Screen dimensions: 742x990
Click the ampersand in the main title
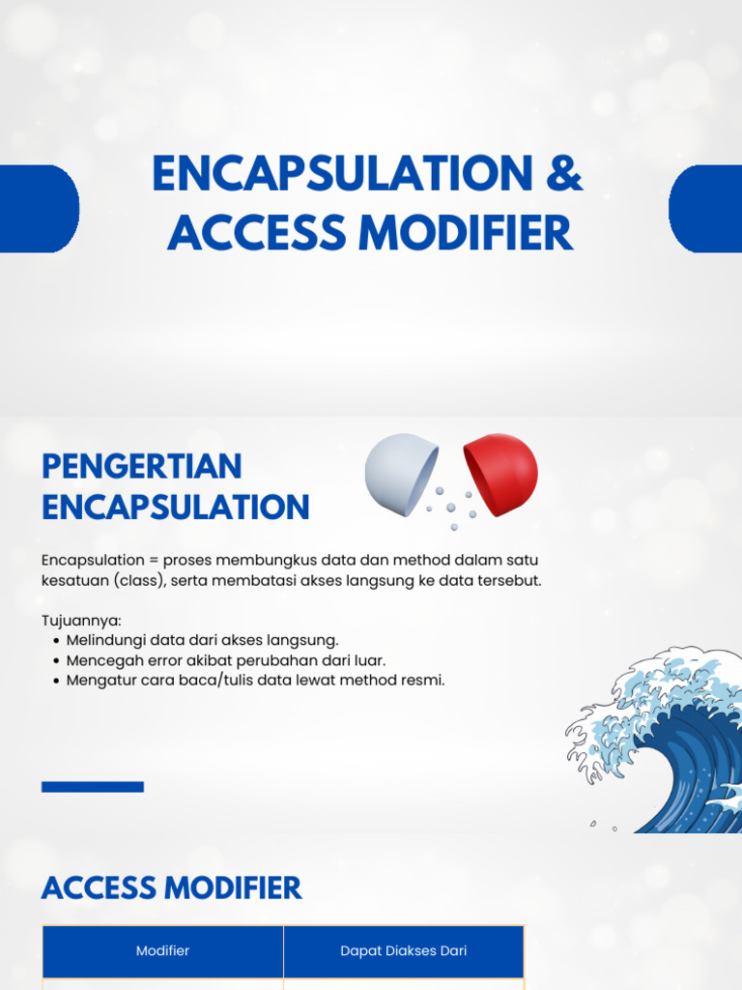coord(564,174)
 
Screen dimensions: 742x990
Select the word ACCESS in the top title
coord(257,232)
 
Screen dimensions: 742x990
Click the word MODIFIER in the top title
coord(466,232)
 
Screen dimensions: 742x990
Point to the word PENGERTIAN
coord(142,467)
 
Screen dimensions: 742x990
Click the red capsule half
coord(500,474)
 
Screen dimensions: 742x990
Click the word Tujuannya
coord(81,621)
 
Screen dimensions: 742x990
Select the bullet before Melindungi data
coord(57,641)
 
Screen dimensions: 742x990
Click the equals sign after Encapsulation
coord(154,561)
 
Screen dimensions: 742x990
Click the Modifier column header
coord(162,951)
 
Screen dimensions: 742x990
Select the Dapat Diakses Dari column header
coord(404,951)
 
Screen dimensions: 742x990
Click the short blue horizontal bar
coord(93,787)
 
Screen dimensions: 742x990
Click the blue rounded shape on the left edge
coord(39,209)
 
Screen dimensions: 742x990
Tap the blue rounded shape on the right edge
coord(705,209)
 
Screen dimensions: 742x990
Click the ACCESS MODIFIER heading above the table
coord(172,888)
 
